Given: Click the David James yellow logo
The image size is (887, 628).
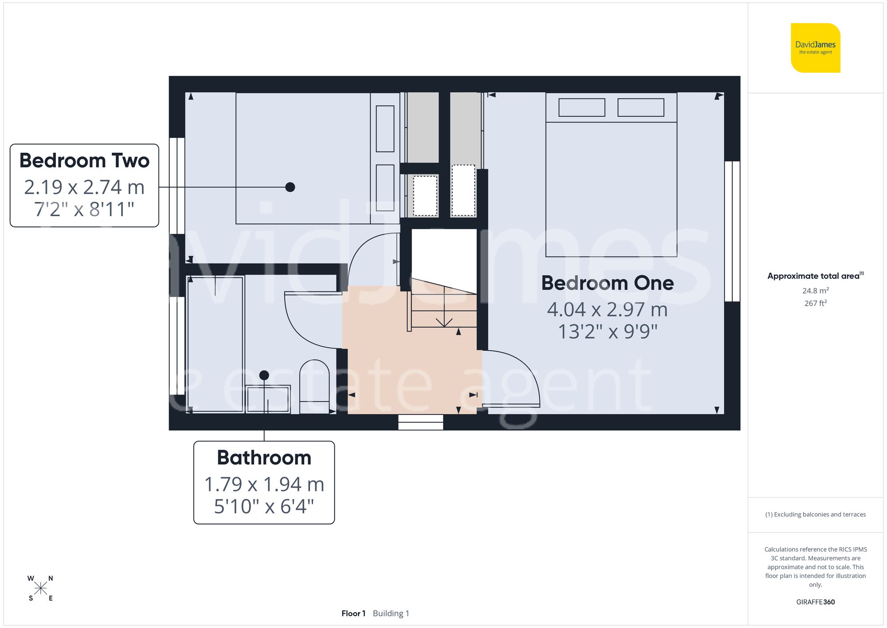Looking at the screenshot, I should (815, 48).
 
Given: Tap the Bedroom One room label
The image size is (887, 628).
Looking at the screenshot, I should (607, 283).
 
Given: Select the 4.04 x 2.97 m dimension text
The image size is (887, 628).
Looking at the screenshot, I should (607, 310).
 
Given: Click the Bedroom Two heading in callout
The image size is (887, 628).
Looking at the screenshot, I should (84, 161).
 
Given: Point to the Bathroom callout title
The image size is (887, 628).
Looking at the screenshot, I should (264, 458).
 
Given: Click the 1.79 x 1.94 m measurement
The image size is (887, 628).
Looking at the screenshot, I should (264, 484).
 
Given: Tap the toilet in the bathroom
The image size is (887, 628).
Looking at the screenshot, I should (314, 386).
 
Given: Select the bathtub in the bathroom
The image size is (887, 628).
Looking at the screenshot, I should (215, 344).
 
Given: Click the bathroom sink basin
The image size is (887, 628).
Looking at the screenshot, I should (268, 399).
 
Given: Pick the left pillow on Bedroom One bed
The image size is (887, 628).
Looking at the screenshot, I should (581, 107).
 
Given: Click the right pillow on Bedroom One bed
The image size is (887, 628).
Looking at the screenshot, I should (640, 107).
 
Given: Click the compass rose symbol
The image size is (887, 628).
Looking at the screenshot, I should (40, 589).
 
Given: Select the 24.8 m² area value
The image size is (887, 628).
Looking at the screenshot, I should (815, 291).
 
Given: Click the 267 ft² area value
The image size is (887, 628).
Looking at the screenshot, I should (815, 303).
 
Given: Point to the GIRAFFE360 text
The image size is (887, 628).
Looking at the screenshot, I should (815, 602).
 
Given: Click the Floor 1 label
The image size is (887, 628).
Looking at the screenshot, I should (353, 613).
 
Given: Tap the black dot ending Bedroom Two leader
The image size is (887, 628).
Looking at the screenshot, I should (290, 187).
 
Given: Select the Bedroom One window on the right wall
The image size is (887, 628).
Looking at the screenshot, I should (732, 231).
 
